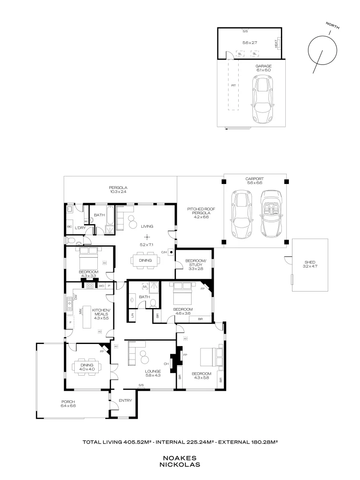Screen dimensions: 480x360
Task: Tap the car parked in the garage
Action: point(262,99)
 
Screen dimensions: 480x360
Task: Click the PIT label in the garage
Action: point(233,85)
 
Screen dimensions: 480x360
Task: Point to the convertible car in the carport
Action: point(272,214)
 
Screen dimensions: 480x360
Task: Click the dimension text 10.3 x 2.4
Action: point(118,192)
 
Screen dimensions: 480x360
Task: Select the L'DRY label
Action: point(80,228)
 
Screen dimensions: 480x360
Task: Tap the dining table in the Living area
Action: point(145,260)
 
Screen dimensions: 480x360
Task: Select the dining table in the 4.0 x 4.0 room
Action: point(87,368)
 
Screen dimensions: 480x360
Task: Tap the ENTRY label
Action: point(125,400)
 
